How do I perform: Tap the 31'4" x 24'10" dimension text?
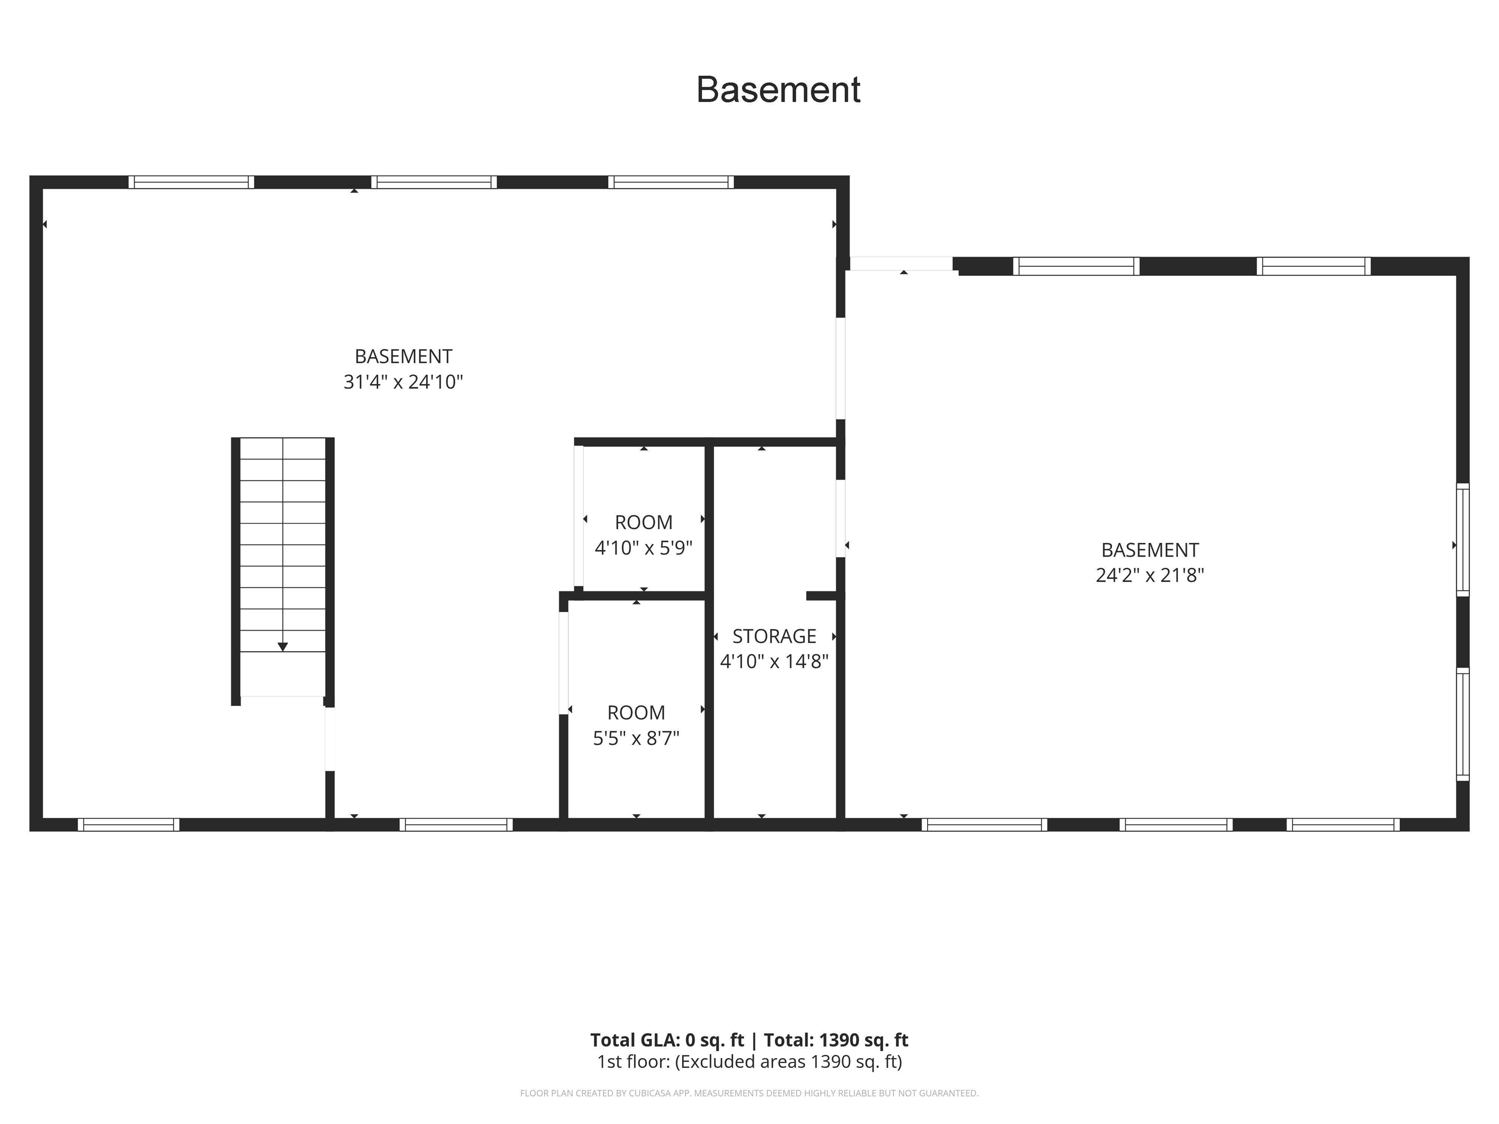click(403, 382)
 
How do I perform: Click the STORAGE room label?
click(774, 636)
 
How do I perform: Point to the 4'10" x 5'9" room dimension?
click(643, 547)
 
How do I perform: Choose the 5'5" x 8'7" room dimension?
click(636, 738)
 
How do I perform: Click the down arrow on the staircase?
click(283, 647)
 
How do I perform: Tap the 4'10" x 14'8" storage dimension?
click(774, 661)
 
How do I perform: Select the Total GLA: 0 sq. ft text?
click(667, 1040)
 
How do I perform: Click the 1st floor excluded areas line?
click(749, 1062)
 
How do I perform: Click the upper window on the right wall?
click(1462, 540)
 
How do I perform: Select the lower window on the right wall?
click(1462, 723)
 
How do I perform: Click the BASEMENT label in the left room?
click(403, 357)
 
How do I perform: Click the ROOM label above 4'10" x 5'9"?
click(643, 522)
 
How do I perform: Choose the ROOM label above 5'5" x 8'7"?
click(636, 713)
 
